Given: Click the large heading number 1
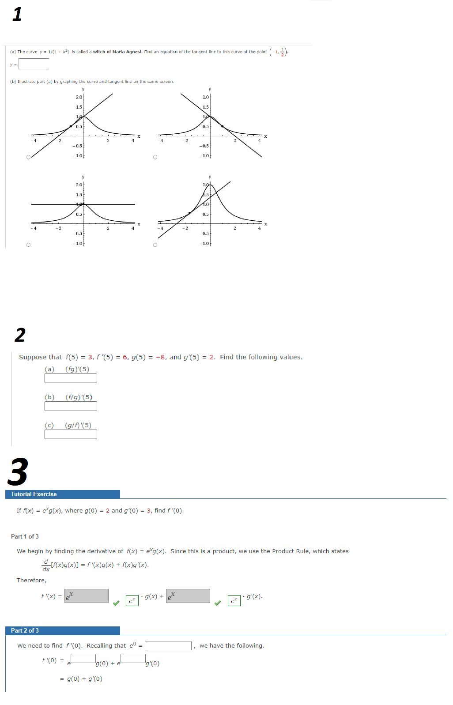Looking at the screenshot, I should (x=17, y=14).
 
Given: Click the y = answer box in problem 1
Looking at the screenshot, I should (x=34, y=64).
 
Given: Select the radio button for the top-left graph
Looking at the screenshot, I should (x=29, y=157).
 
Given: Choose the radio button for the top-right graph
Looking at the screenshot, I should (x=155, y=157).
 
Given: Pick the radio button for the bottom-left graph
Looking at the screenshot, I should (x=29, y=245).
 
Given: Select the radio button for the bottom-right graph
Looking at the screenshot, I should (x=155, y=245).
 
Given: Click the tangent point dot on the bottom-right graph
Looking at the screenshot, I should (x=190, y=213).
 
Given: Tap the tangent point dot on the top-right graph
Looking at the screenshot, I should (x=222, y=126).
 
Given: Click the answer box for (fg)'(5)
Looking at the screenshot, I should (x=71, y=378).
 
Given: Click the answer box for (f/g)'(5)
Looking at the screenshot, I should (x=71, y=406).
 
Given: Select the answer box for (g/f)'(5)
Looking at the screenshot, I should (x=71, y=434).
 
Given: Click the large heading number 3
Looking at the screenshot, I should (x=18, y=472).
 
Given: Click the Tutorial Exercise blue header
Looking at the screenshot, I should (x=62, y=494).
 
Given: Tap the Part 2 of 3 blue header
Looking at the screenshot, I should (x=62, y=631).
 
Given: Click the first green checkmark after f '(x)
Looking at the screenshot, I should (x=116, y=603).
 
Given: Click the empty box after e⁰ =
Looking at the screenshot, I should (x=168, y=646).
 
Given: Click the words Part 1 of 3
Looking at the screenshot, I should (x=25, y=537).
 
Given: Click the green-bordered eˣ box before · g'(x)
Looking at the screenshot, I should (x=234, y=601).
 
